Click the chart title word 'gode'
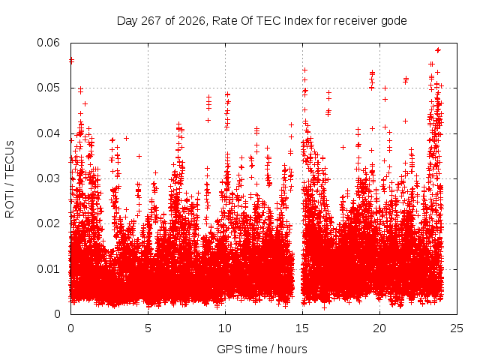(394, 22)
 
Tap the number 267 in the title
(151, 21)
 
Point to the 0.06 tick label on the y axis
(48, 43)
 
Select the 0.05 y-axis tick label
(48, 88)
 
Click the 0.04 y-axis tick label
(48, 133)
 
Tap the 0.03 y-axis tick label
(48, 178)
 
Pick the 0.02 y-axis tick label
(48, 223)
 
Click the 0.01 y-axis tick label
(48, 269)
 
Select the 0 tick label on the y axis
(57, 314)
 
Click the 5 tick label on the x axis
(148, 328)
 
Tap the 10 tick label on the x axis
(225, 328)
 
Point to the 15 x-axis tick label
(302, 328)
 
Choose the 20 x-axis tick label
(379, 328)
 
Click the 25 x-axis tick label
(457, 328)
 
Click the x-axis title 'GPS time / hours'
(262, 349)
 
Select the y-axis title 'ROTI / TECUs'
(10, 179)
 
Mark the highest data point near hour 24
(438, 50)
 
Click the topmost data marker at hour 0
(71, 60)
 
